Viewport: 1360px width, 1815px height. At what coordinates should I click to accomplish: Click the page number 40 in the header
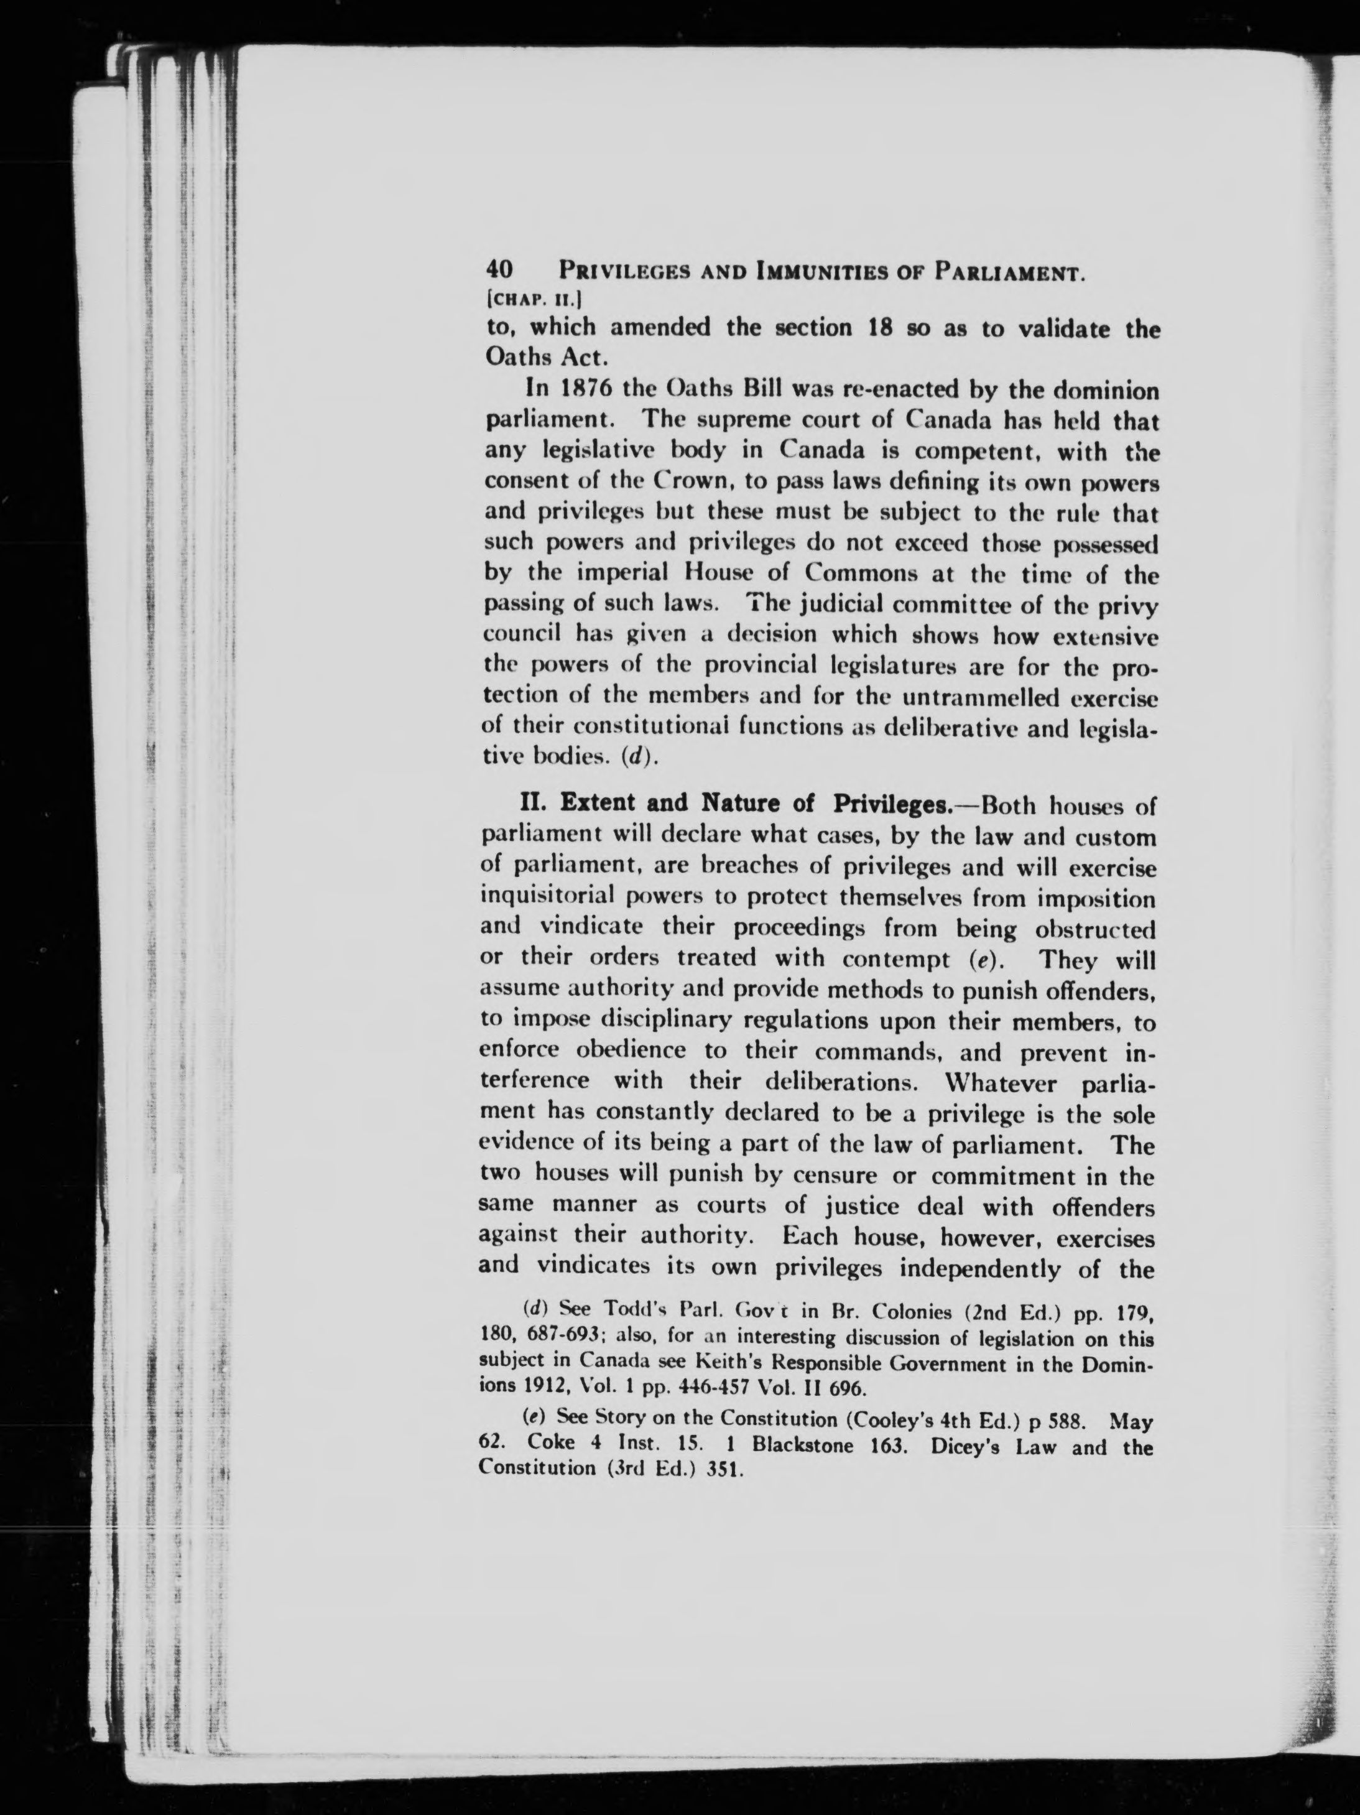499,270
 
